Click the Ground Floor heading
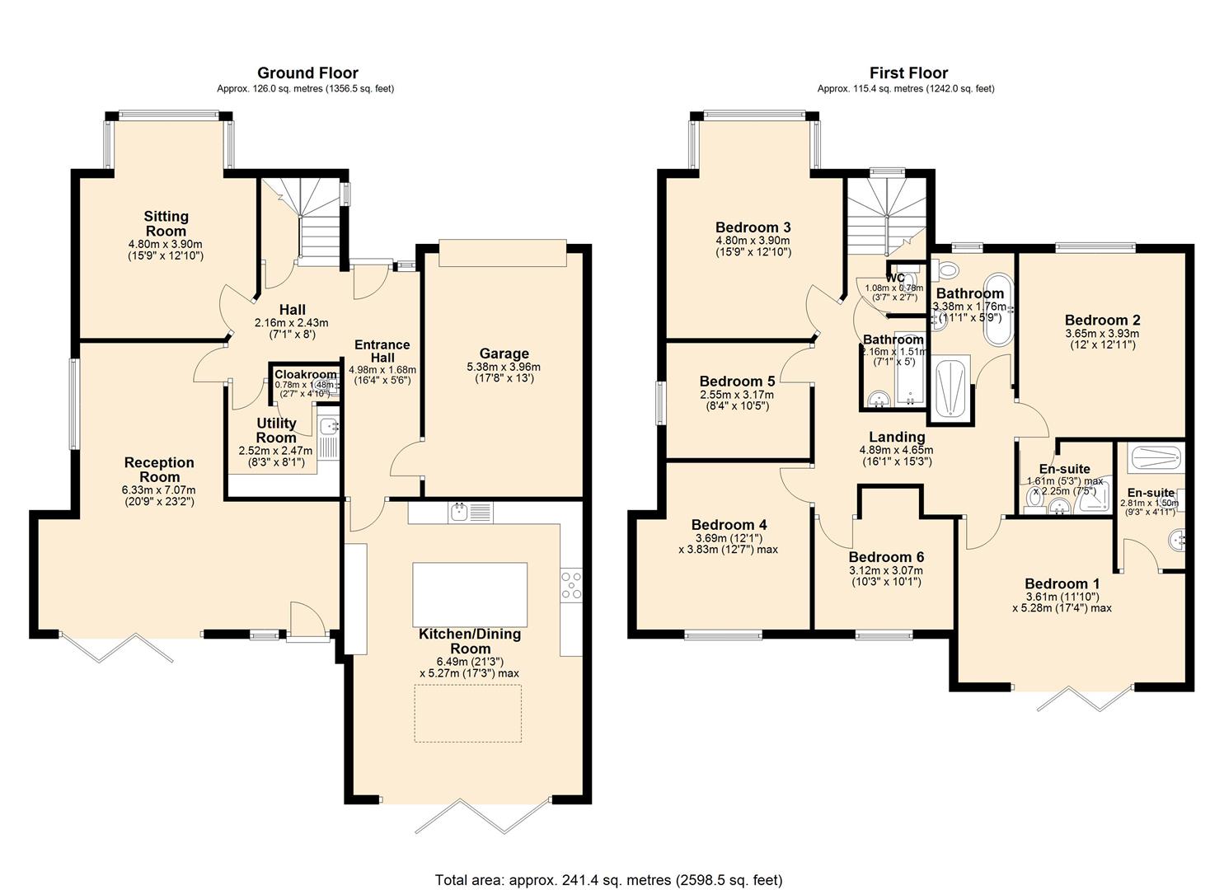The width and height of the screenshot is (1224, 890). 307,73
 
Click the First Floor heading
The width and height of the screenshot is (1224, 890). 908,73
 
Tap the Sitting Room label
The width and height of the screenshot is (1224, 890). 166,223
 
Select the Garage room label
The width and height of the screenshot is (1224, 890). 504,354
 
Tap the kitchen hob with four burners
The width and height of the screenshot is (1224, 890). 570,584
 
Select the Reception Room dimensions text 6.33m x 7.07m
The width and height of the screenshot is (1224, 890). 159,489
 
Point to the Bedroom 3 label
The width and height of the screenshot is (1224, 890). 753,227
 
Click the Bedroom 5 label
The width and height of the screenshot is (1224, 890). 737,382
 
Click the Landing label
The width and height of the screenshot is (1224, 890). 897,437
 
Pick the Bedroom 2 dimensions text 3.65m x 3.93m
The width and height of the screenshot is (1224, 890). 1102,333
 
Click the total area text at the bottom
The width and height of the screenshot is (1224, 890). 608,879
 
